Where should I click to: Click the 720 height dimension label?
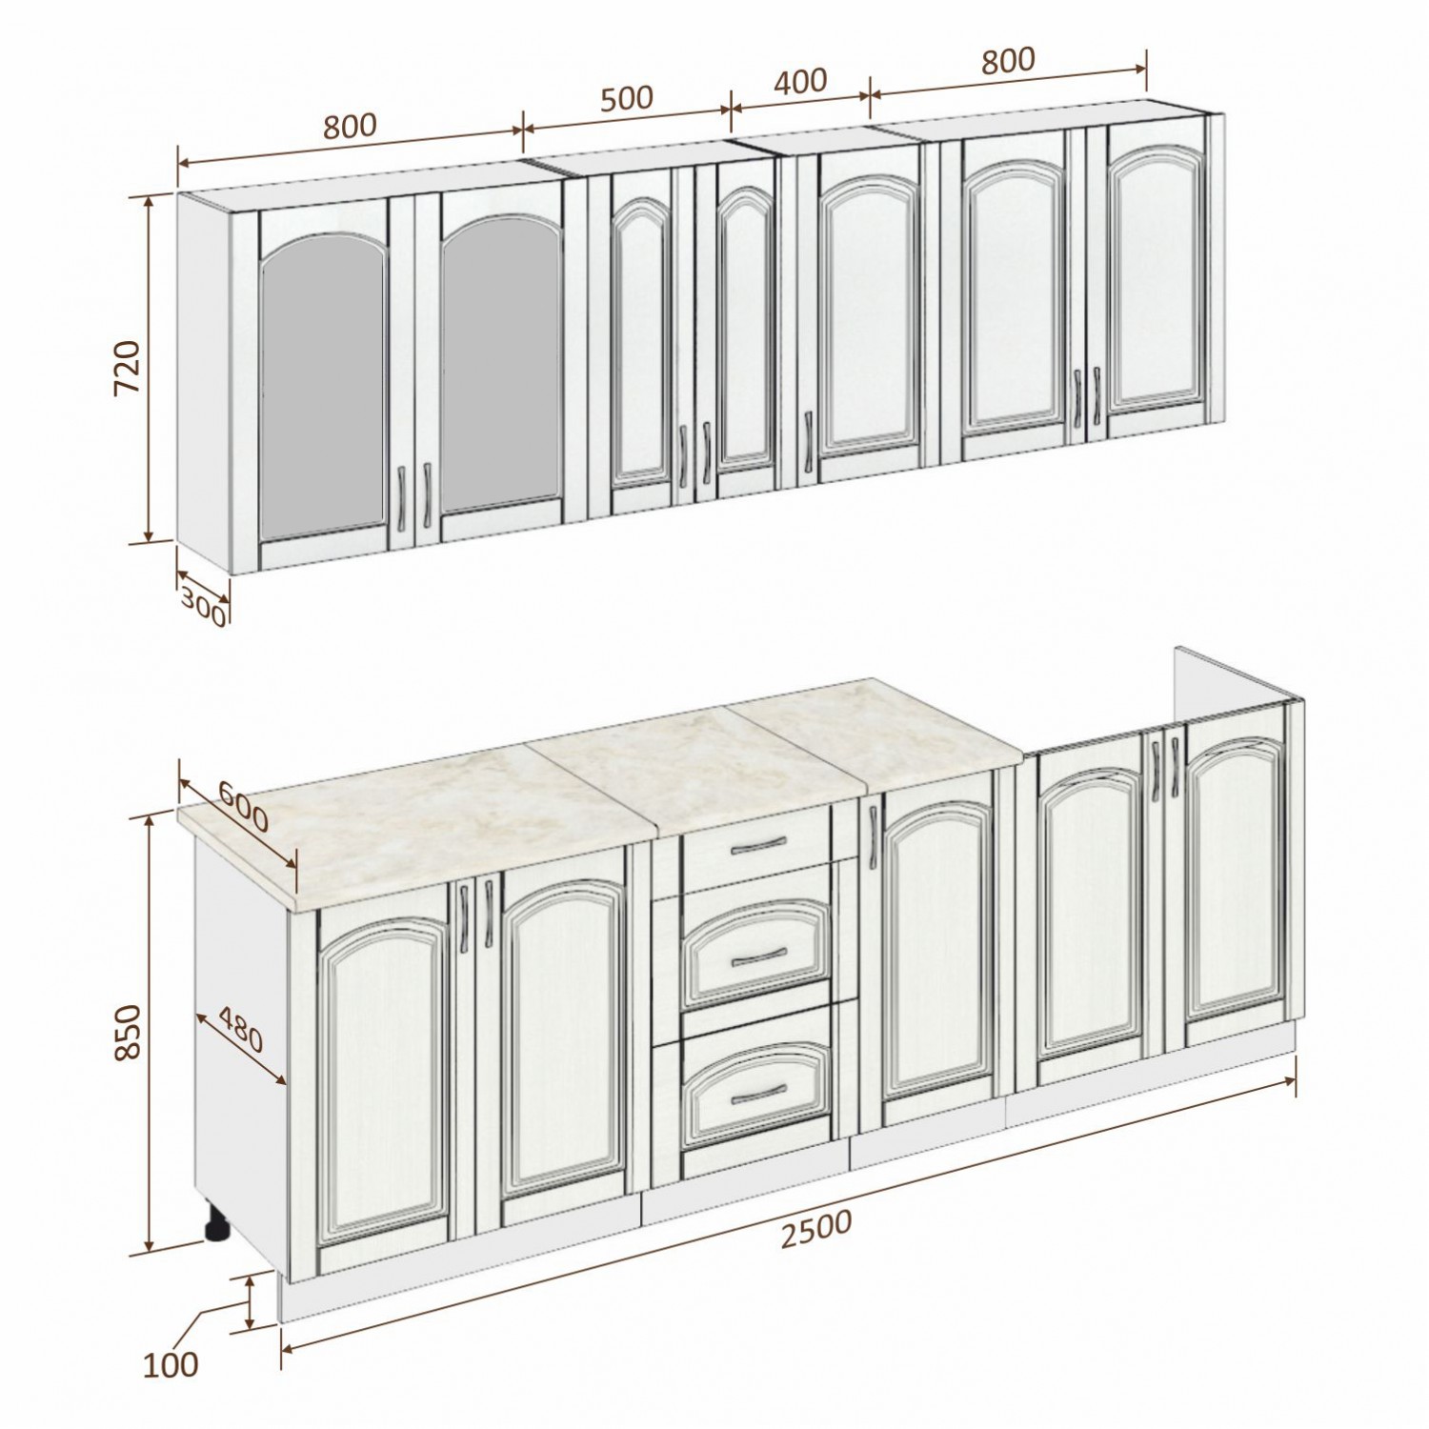coord(127,369)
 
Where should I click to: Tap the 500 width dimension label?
coord(627,97)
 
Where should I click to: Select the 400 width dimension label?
coord(800,81)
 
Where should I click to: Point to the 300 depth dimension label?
coord(203,607)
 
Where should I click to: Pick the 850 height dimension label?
coord(127,1031)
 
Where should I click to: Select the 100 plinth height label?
coord(171,1364)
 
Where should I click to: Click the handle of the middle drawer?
coord(758,956)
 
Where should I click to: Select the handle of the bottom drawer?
coord(758,1089)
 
